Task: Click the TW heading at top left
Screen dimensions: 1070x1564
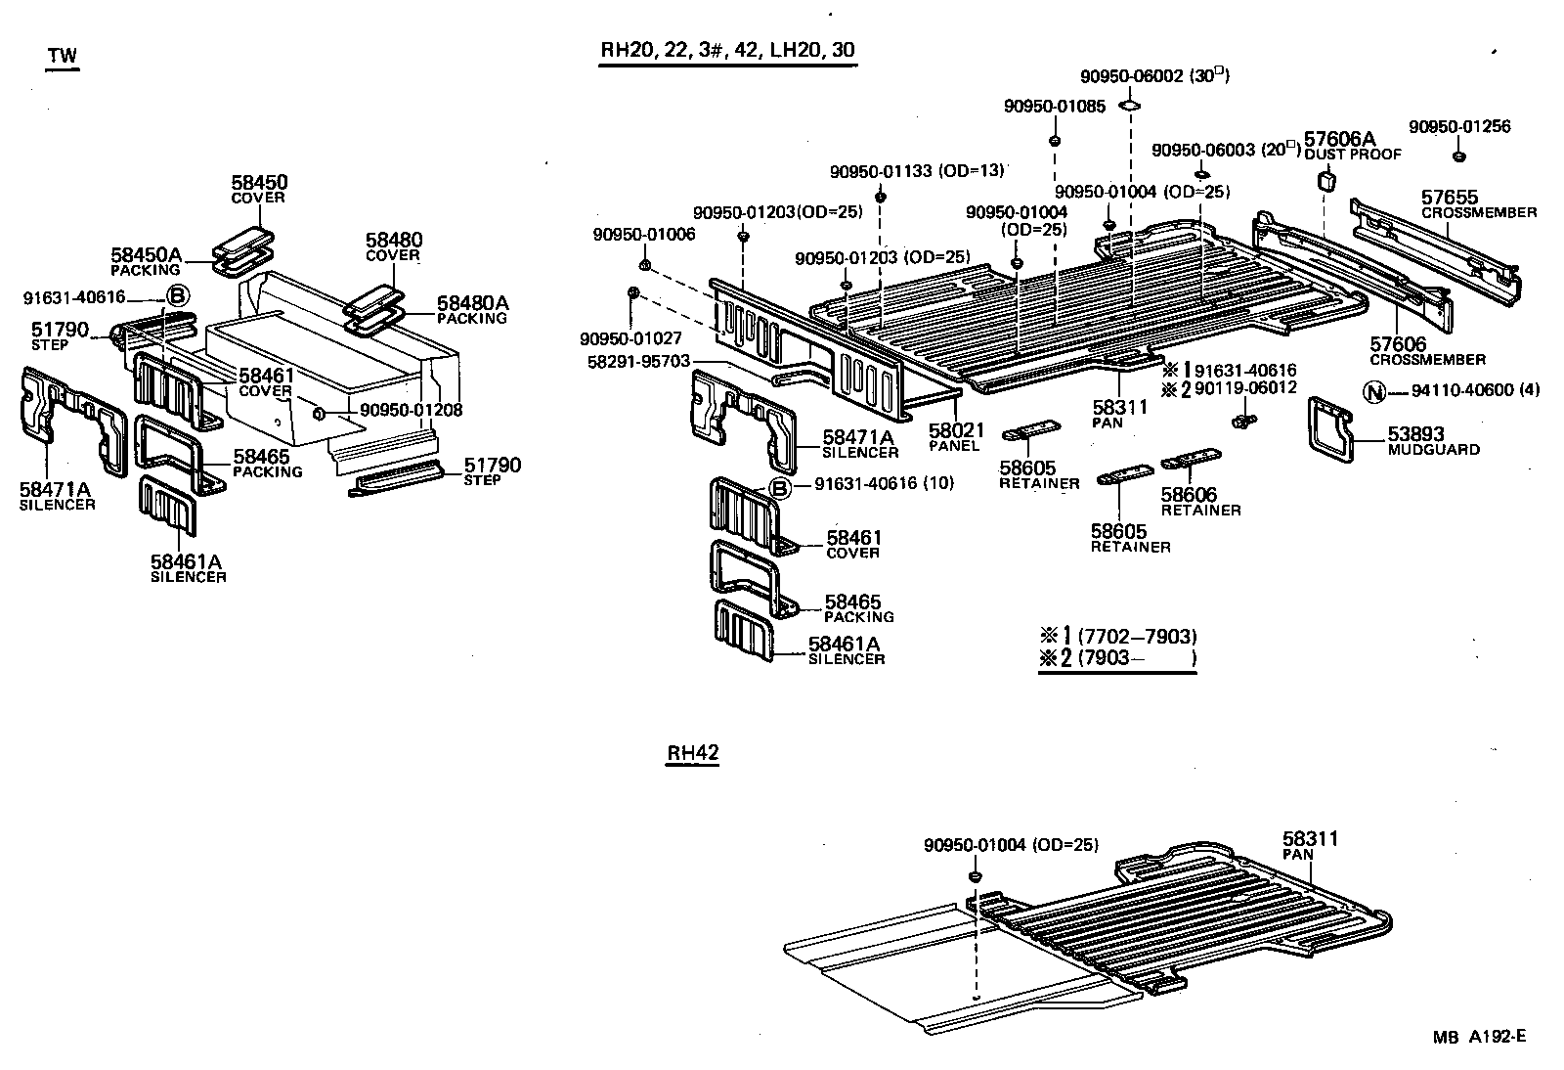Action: click(x=63, y=57)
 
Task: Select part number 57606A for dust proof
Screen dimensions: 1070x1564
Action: click(x=1339, y=139)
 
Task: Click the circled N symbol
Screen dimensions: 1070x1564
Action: click(x=1374, y=391)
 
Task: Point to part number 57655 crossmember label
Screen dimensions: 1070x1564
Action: click(x=1449, y=198)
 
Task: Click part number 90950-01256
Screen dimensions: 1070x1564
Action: click(x=1458, y=127)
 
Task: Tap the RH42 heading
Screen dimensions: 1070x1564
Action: click(x=692, y=753)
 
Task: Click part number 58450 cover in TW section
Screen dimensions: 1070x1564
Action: click(x=259, y=183)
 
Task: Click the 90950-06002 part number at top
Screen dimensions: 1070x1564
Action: click(x=1131, y=76)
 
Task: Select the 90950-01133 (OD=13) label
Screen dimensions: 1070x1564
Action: click(x=916, y=171)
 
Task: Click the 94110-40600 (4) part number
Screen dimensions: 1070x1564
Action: click(x=1475, y=391)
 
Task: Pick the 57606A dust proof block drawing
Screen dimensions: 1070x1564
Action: click(x=1326, y=181)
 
